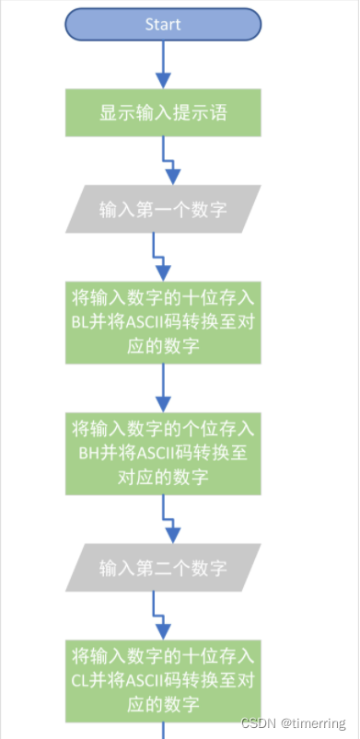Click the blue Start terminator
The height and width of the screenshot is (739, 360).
click(164, 25)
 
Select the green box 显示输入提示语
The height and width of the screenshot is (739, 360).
click(164, 113)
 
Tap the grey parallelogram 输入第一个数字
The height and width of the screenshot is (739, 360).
click(164, 209)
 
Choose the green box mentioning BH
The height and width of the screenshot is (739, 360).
click(164, 453)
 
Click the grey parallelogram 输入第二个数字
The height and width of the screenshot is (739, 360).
click(164, 566)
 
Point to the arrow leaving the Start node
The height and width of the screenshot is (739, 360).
click(164, 64)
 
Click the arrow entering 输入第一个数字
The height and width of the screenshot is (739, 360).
click(170, 166)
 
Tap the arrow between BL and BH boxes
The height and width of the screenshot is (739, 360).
click(164, 387)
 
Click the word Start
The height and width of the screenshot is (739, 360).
click(163, 25)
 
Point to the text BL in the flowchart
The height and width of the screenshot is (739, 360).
click(81, 322)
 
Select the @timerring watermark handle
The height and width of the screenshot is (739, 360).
click(316, 723)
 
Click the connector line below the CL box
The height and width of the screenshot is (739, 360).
click(164, 731)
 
